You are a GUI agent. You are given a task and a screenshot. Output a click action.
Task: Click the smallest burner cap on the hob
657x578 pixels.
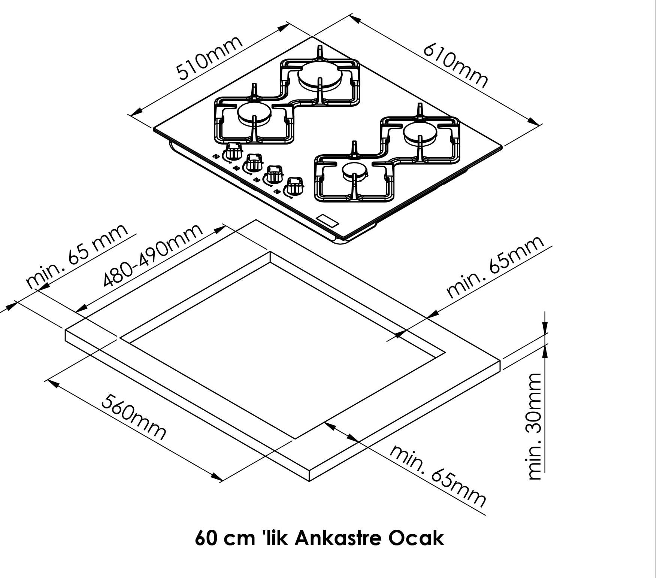(x=354, y=170)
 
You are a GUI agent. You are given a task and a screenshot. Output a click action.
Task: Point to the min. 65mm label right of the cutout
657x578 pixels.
(x=495, y=267)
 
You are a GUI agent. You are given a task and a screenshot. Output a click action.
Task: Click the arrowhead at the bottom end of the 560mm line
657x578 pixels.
(x=217, y=477)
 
